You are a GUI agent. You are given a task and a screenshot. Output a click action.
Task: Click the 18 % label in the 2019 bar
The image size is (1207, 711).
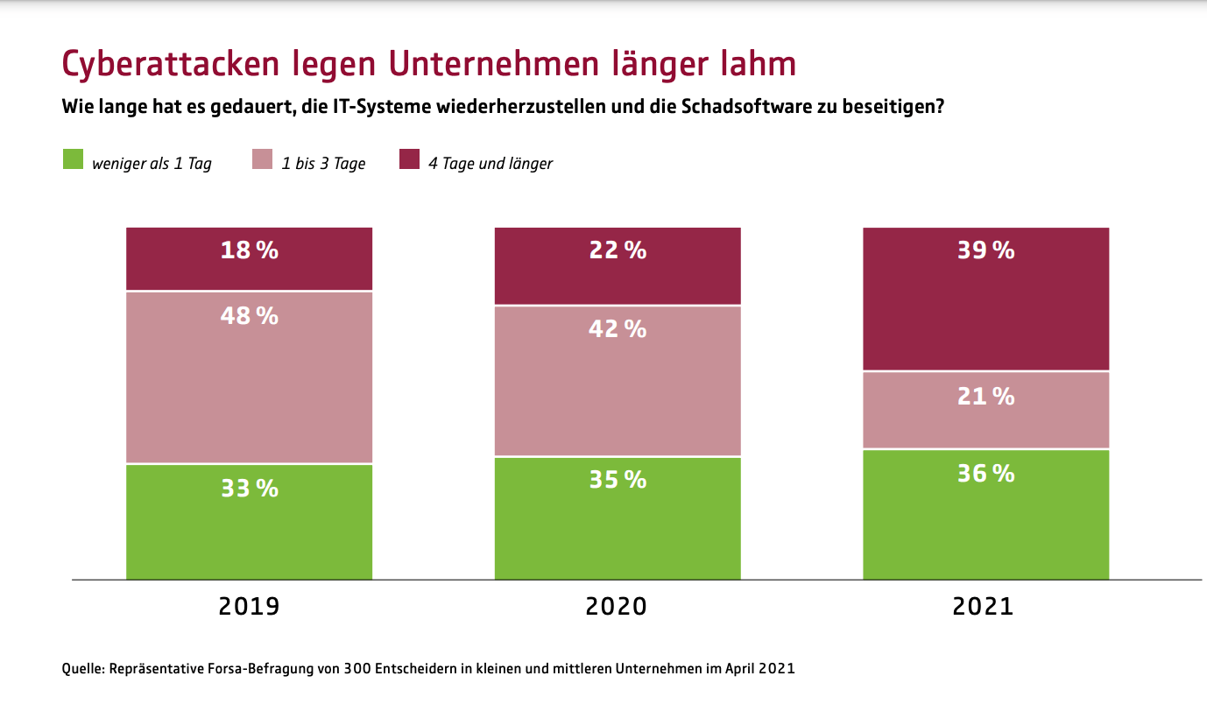coord(249,250)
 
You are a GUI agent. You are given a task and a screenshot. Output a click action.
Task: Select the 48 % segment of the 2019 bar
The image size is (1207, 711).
coord(249,377)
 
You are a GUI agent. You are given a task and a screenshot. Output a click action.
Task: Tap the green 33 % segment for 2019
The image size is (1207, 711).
coord(249,521)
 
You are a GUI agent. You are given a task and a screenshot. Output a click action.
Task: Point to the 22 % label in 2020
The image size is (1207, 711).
coord(617,250)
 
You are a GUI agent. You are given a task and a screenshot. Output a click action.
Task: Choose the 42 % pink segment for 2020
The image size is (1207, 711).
coord(617,381)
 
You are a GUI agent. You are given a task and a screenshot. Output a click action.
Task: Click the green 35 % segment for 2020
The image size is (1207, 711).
coord(617,517)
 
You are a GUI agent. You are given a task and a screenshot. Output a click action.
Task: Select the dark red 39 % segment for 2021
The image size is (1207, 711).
coord(985,299)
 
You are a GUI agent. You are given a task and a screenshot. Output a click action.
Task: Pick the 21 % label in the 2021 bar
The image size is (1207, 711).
coord(985,397)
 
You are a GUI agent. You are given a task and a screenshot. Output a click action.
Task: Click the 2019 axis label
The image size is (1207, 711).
coord(249,606)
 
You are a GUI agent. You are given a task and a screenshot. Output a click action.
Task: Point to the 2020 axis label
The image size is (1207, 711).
coord(617,606)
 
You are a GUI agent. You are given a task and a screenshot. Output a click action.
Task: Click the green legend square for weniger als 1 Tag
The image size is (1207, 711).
coord(73,161)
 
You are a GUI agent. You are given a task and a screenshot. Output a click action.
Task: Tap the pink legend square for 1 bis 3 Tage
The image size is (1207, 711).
coord(263,161)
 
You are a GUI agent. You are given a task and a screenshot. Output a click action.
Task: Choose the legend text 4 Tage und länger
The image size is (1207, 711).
coord(490,164)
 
